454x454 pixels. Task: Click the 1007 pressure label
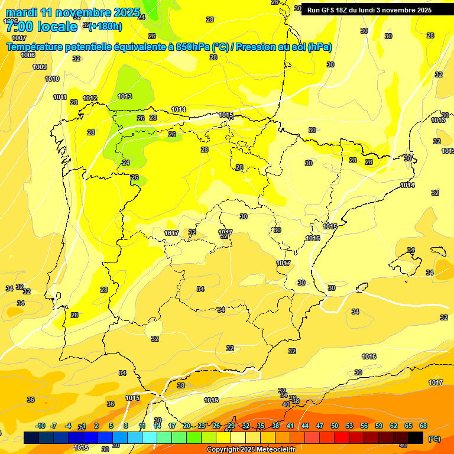click(x=19, y=37)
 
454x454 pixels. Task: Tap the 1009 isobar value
click(x=40, y=67)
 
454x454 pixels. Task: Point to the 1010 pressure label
click(x=52, y=79)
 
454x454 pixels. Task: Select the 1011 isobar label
click(x=60, y=97)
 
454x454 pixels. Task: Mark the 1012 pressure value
click(x=90, y=98)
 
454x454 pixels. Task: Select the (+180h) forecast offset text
click(x=105, y=26)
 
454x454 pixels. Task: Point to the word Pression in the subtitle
click(x=255, y=47)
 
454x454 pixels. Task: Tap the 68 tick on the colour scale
click(x=423, y=426)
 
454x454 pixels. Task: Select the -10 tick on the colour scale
click(x=40, y=426)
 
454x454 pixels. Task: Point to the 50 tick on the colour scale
click(x=335, y=426)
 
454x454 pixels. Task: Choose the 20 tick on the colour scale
click(x=187, y=426)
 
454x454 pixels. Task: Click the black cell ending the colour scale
click(x=416, y=437)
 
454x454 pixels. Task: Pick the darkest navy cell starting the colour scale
click(x=31, y=437)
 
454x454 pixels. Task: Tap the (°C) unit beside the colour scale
click(x=434, y=438)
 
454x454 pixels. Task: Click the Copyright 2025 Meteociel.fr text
click(x=251, y=449)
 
